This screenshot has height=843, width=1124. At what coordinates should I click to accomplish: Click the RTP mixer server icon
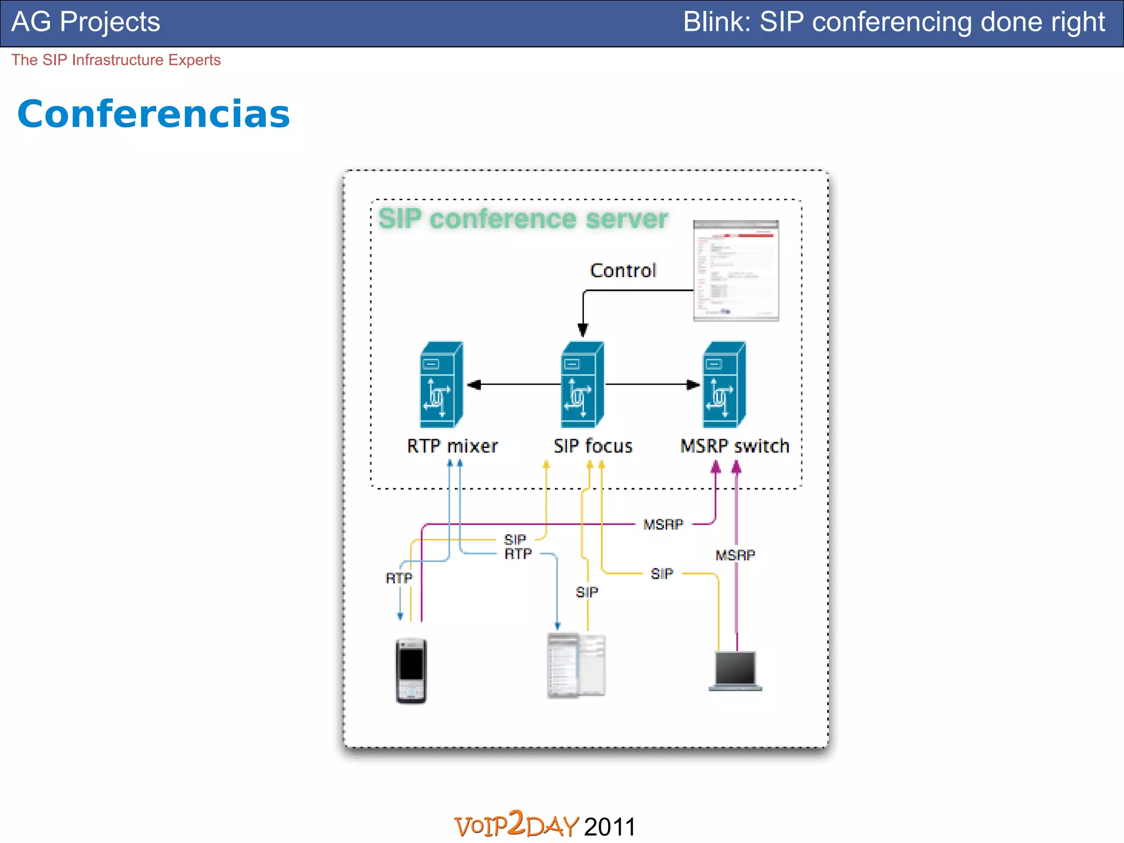[x=441, y=385]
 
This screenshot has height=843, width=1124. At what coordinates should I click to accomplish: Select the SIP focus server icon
[x=582, y=385]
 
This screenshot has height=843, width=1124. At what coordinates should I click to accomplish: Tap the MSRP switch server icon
[x=724, y=385]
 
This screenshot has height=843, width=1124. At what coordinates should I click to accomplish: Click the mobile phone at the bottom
[x=411, y=671]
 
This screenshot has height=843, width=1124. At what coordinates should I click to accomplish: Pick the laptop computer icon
[x=735, y=671]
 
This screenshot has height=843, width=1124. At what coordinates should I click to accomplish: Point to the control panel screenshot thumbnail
[x=736, y=271]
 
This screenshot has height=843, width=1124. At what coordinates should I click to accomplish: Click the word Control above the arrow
[x=623, y=271]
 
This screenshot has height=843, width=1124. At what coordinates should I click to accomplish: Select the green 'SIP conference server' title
[x=523, y=218]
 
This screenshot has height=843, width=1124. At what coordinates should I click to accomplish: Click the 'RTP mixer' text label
[x=452, y=446]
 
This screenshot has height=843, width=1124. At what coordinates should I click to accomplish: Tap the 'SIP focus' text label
[x=593, y=446]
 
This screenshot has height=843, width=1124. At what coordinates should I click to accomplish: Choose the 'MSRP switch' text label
[x=735, y=446]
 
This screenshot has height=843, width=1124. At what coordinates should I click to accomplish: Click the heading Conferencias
[x=153, y=114]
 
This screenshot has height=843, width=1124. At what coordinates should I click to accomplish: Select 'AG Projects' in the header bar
[x=86, y=23]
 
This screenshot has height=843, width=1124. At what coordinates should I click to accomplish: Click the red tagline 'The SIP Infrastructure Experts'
[x=116, y=60]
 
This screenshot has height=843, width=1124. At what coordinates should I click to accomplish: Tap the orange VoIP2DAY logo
[x=516, y=825]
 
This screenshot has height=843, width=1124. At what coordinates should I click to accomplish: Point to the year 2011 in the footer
[x=610, y=827]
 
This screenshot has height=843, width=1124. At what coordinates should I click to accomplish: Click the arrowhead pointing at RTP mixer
[x=474, y=385]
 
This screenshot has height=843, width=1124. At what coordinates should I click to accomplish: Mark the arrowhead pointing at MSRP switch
[x=694, y=385]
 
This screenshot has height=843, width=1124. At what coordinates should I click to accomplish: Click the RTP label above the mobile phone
[x=399, y=578]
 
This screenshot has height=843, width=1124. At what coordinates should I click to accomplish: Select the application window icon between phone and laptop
[x=576, y=665]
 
